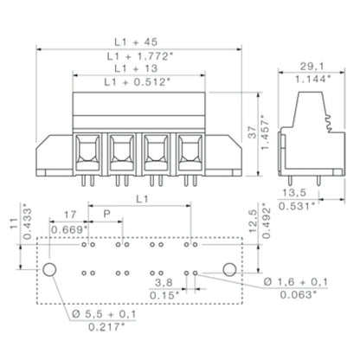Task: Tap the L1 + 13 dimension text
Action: click(x=138, y=67)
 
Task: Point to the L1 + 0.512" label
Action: click(x=138, y=82)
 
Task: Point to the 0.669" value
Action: click(x=69, y=230)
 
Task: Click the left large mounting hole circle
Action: click(x=51, y=272)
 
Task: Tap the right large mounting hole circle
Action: click(x=228, y=272)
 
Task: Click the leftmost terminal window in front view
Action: click(x=87, y=147)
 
